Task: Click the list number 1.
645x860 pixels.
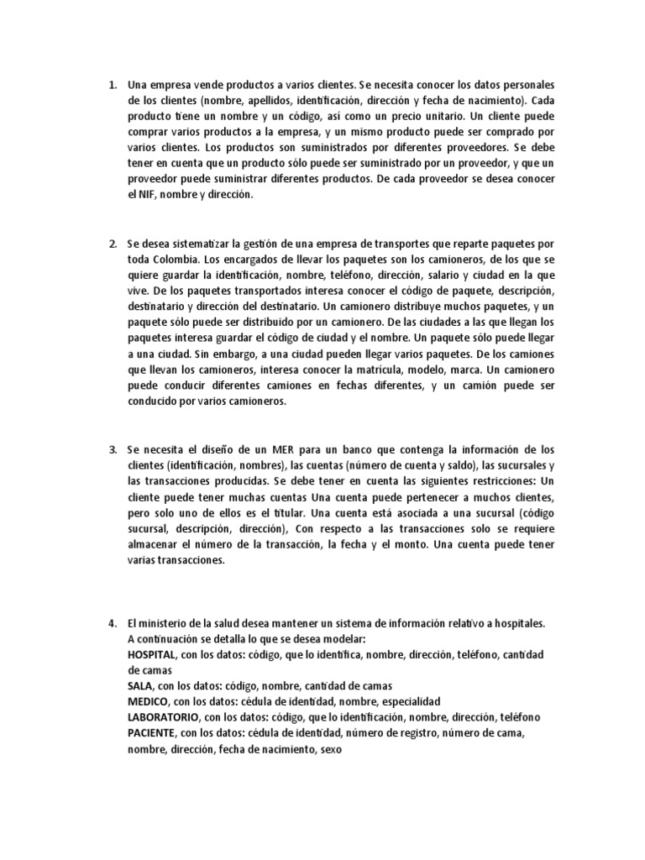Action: click(x=112, y=85)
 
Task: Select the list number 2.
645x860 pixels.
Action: click(x=112, y=244)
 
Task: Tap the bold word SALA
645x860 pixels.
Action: click(x=140, y=685)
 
